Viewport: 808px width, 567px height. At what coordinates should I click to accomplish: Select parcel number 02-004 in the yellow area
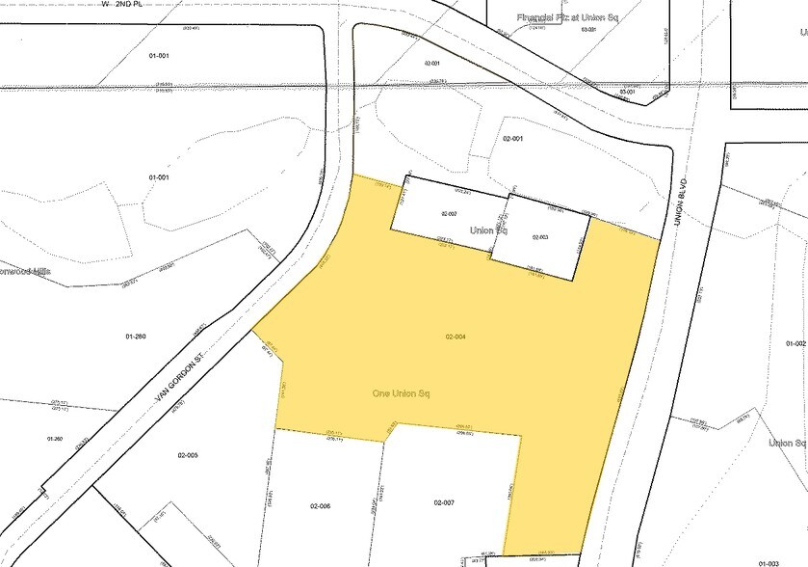point(456,337)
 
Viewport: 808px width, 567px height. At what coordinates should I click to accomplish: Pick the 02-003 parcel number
point(539,236)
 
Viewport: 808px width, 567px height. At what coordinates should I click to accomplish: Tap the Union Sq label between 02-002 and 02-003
point(488,231)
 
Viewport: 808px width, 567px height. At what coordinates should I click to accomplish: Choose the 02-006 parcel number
point(320,505)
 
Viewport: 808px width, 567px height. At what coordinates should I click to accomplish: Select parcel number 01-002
point(795,343)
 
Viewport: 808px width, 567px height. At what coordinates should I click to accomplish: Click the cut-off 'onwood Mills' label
point(24,272)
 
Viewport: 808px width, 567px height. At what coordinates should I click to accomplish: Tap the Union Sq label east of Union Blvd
point(787,443)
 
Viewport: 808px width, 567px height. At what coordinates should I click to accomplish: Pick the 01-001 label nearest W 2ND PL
point(159,56)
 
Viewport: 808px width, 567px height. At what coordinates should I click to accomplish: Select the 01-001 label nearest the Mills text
point(159,177)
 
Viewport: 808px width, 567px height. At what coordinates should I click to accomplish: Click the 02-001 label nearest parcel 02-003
point(512,139)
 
